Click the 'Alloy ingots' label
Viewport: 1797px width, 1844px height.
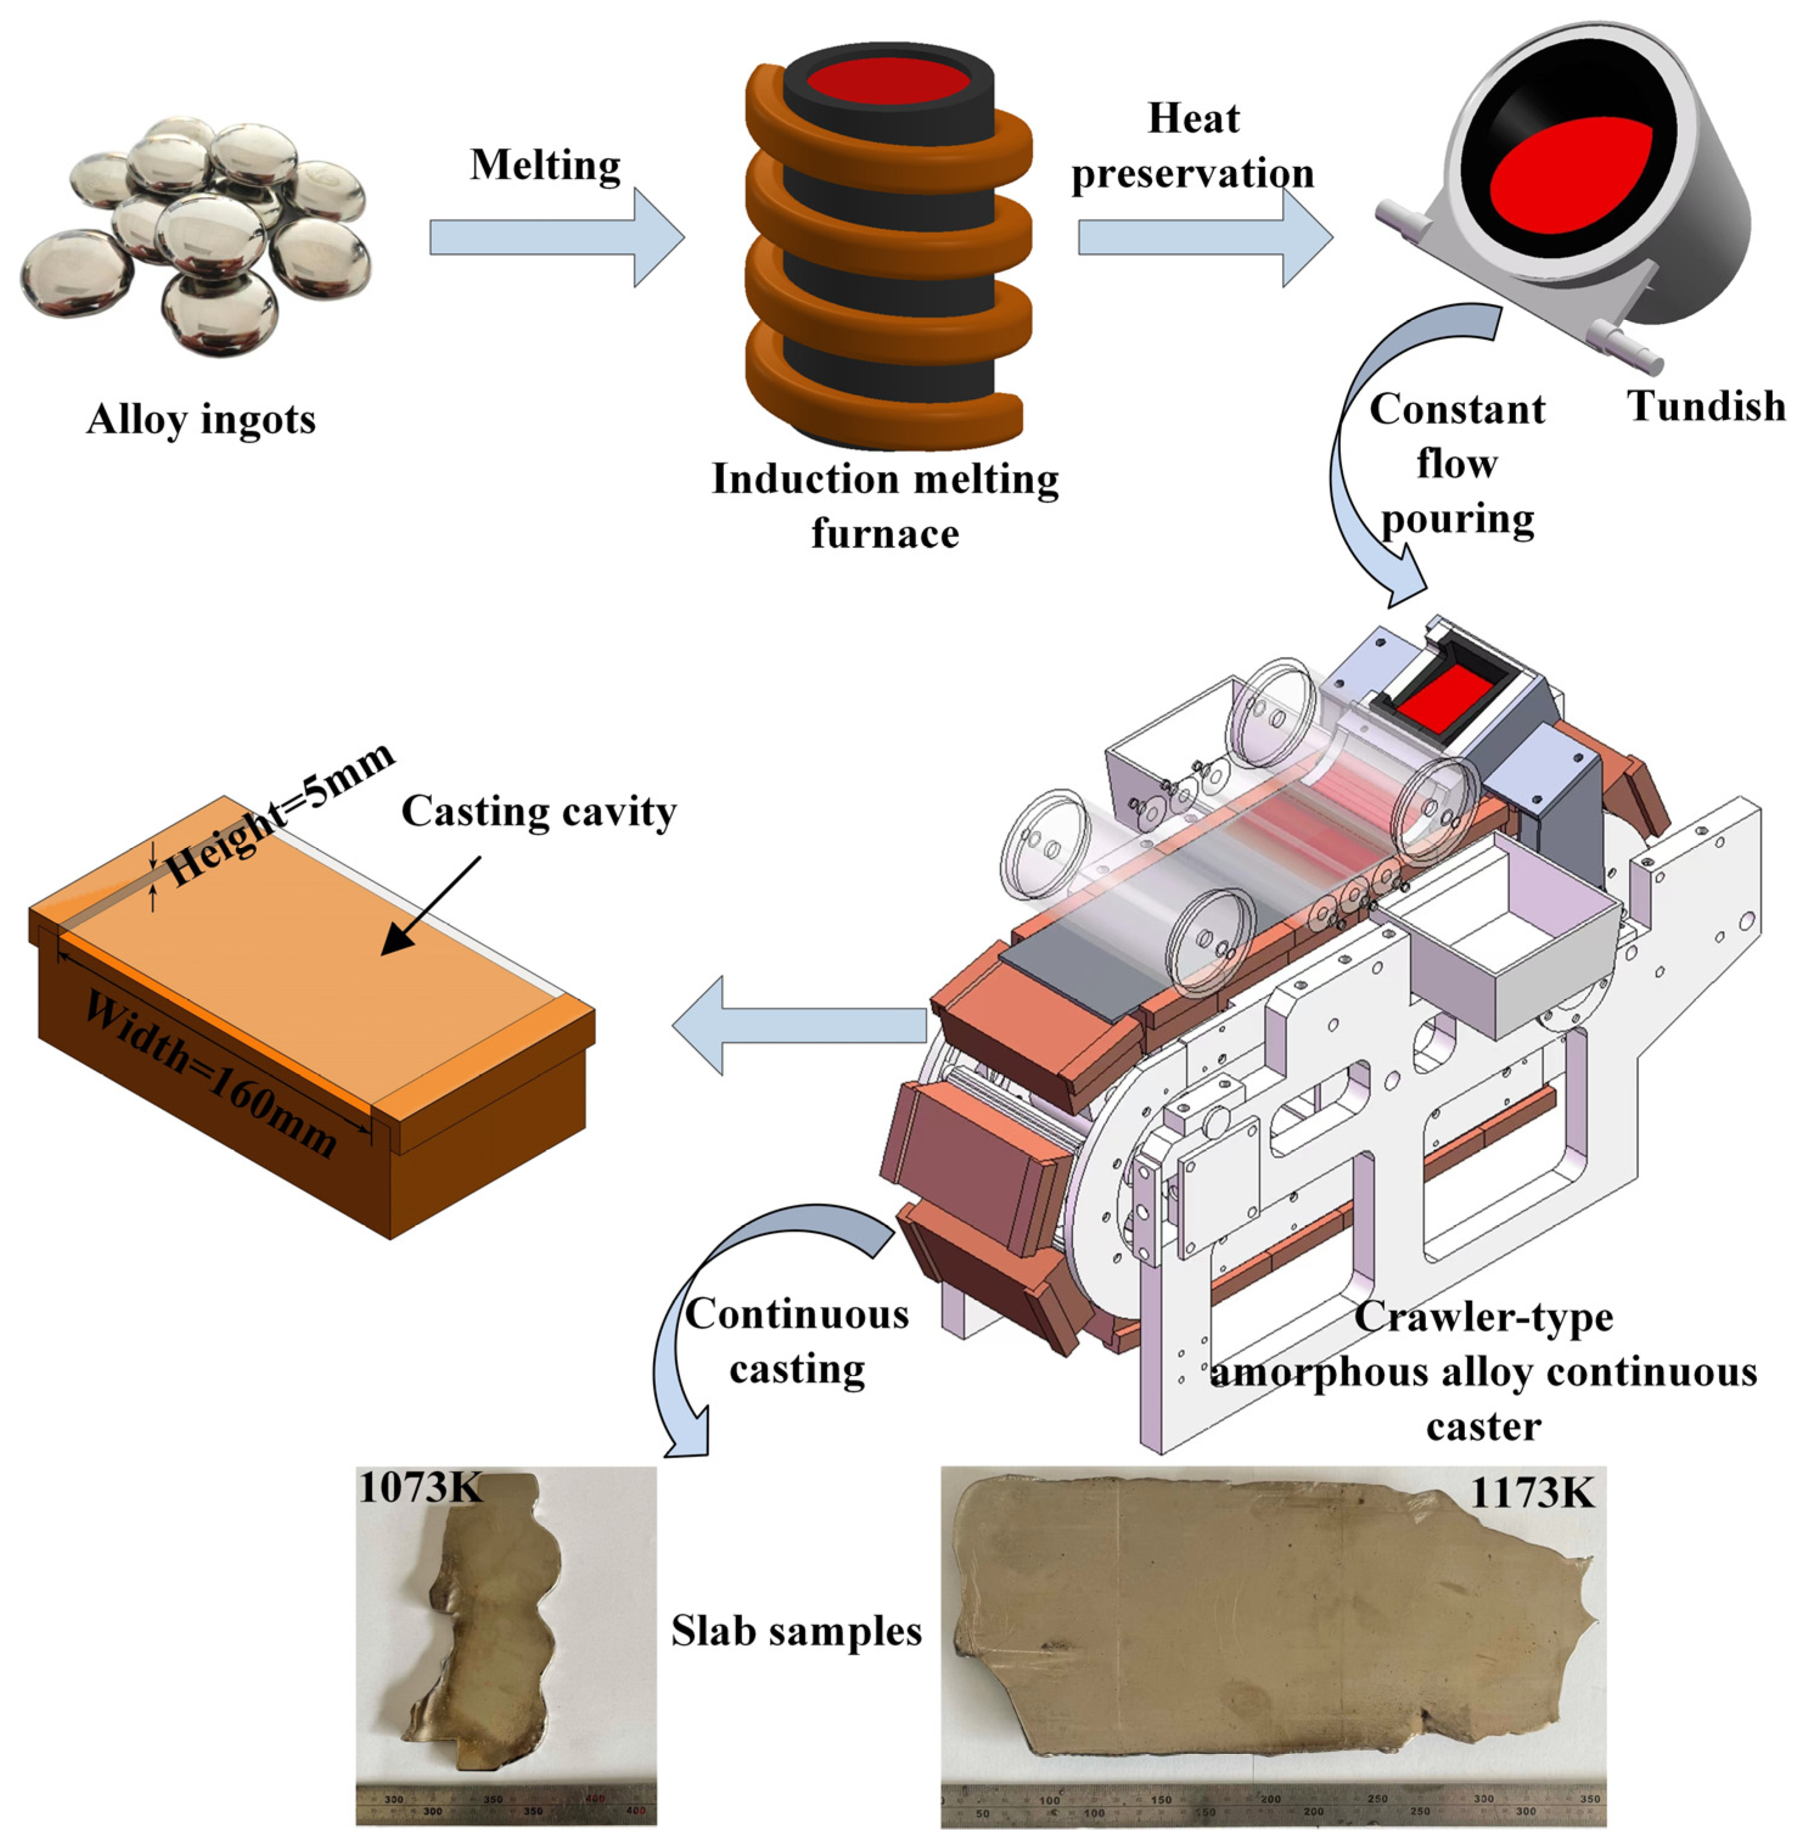tap(201, 419)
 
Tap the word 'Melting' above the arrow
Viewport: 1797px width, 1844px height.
tap(546, 164)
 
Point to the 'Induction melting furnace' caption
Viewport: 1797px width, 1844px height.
tap(885, 506)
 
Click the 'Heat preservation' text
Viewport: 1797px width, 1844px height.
tap(1192, 145)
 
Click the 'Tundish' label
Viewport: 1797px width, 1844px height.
tap(1706, 406)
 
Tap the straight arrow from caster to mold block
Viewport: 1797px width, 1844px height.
tap(799, 1025)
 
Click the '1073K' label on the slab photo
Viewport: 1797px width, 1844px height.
tap(419, 1488)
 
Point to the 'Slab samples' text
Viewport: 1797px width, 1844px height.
tap(796, 1630)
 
